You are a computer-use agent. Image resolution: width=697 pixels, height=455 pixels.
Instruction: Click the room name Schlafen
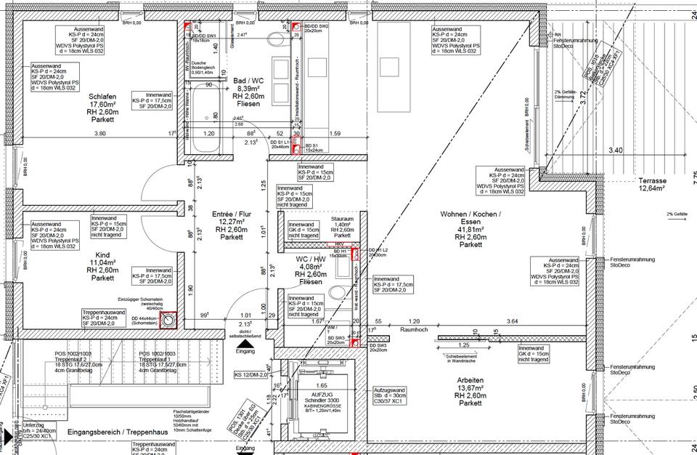102,97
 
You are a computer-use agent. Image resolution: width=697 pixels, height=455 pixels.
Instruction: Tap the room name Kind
102,254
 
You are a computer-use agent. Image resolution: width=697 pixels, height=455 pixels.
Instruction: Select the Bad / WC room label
248,81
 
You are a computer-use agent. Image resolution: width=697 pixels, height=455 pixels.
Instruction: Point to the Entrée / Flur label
232,214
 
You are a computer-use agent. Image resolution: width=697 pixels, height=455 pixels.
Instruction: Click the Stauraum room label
342,218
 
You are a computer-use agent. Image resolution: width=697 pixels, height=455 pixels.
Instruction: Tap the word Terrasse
653,180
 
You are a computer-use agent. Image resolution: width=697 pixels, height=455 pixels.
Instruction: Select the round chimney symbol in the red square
168,319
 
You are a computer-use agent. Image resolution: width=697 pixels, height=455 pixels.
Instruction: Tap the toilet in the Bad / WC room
280,41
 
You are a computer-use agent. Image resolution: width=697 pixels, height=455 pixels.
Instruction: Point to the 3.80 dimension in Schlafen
100,134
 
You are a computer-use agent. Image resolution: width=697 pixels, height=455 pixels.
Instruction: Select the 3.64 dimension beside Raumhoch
513,321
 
